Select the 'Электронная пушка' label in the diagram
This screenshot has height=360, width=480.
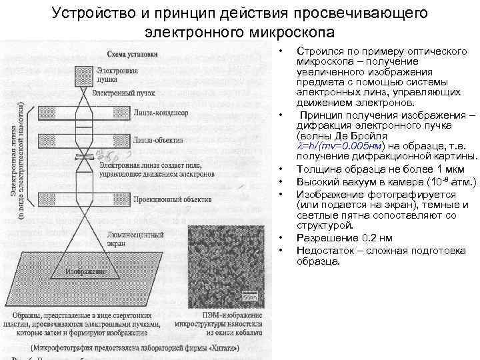point(117,75)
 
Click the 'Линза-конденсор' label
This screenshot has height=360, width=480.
point(161,113)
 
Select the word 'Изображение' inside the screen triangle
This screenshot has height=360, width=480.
point(85,272)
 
